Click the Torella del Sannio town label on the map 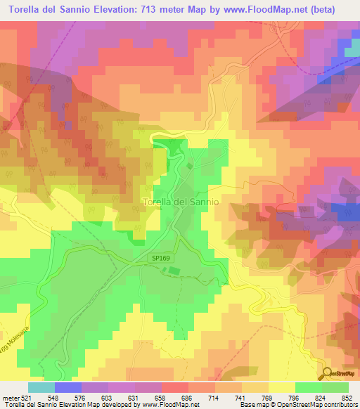(181, 202)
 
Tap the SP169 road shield (161, 258)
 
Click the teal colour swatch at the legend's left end (41, 387)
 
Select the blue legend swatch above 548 (68, 387)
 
